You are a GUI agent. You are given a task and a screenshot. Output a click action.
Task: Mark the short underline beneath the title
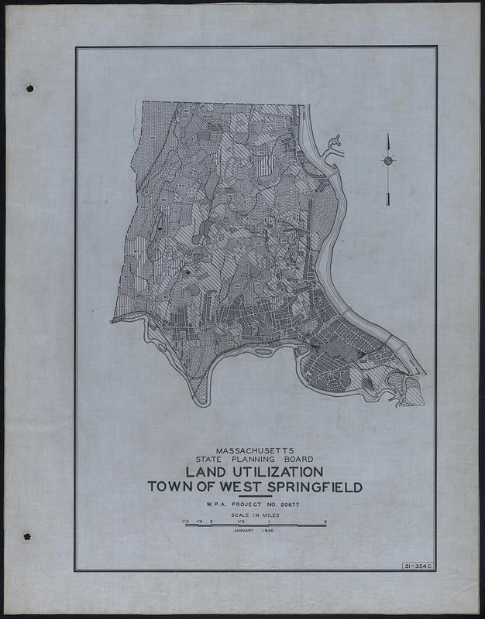point(255,495)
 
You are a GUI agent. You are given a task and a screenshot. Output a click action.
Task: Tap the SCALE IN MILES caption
point(254,515)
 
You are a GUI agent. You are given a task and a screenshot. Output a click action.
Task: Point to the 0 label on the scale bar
point(212,521)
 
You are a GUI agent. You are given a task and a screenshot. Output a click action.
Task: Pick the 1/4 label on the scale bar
point(198,521)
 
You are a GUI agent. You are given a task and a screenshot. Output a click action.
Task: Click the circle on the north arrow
point(387,161)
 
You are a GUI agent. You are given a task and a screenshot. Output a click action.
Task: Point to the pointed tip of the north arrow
point(387,135)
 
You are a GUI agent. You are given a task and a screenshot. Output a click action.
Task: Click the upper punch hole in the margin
point(30,88)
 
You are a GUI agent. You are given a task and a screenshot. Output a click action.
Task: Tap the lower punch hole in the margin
point(27,535)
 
